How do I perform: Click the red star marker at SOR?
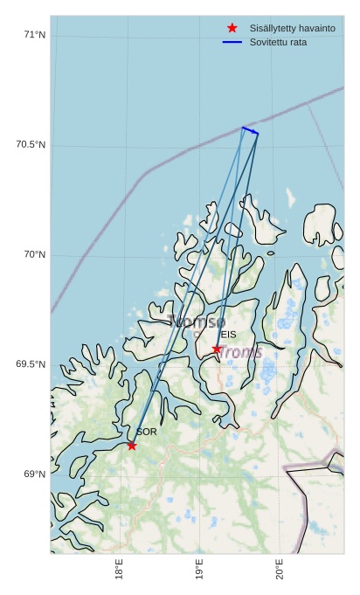(131, 446)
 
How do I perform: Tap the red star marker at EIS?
(217, 349)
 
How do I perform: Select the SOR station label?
(147, 432)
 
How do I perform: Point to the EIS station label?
(228, 335)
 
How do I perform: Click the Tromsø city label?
(197, 322)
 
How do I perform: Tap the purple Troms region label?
(239, 351)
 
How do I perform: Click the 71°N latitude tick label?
(34, 35)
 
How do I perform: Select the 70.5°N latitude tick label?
(31, 144)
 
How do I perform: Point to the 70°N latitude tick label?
(34, 254)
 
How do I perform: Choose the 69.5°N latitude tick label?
(31, 364)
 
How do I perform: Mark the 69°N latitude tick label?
(34, 474)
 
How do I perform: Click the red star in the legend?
(232, 29)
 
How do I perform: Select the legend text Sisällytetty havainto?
(292, 29)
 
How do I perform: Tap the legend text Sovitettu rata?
(278, 42)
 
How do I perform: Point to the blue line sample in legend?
(232, 42)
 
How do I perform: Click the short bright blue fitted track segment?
(250, 131)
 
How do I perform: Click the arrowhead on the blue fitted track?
(256, 134)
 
